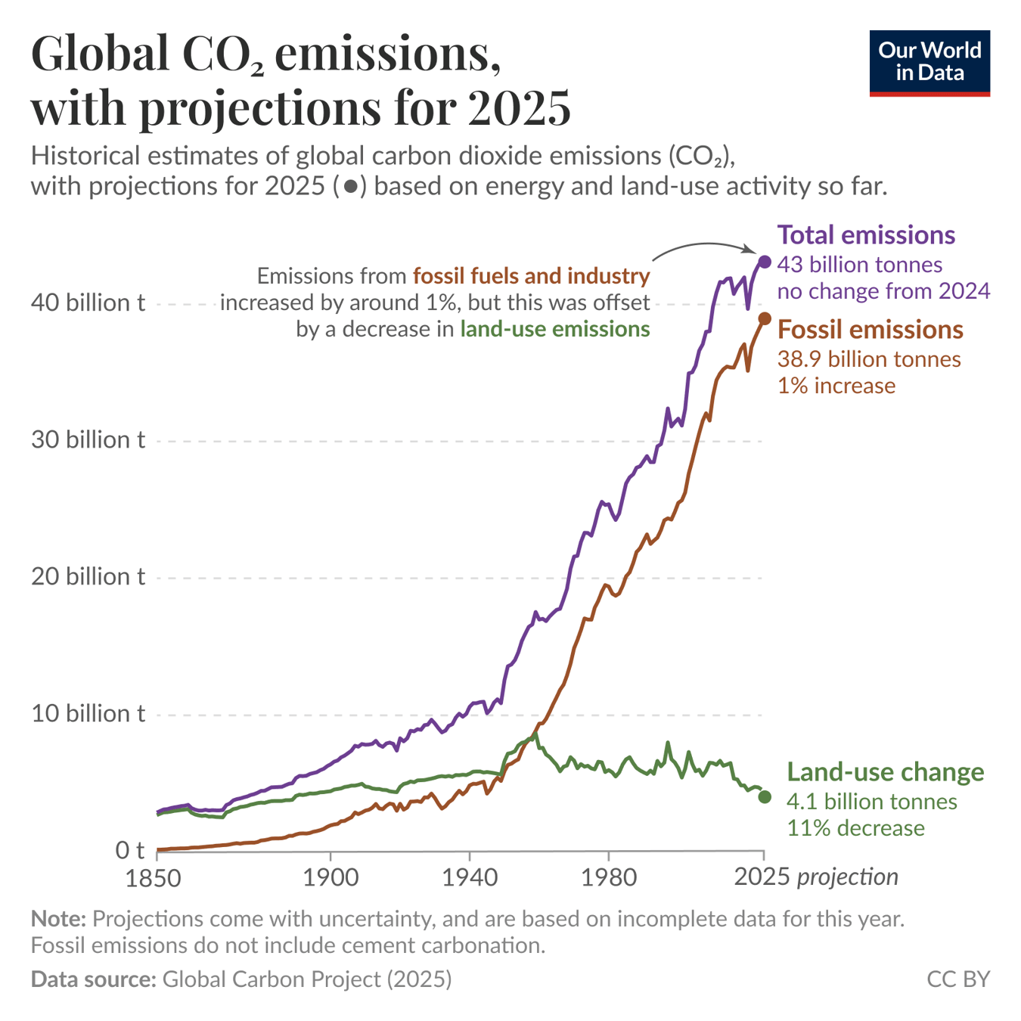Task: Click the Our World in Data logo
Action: pos(929,64)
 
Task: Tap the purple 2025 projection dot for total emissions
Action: pos(765,262)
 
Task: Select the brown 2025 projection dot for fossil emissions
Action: pos(765,319)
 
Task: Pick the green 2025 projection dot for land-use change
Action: pos(765,797)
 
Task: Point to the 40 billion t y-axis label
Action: pos(88,303)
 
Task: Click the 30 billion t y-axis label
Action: pos(88,440)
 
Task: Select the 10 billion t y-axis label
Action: pos(88,714)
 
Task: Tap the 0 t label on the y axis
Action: pos(129,851)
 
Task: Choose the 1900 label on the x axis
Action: pos(331,878)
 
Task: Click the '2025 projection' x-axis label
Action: pos(816,877)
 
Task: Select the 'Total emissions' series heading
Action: pos(866,235)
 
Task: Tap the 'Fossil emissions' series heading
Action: pos(870,330)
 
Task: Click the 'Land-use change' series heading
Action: pos(885,772)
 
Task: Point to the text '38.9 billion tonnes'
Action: pos(869,359)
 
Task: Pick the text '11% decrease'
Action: pos(855,828)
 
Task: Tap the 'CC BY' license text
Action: pos(958,979)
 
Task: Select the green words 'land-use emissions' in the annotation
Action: pos(555,329)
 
